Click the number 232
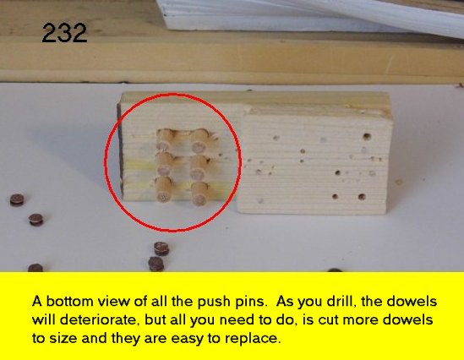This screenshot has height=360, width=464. (64, 33)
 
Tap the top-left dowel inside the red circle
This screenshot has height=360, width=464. (165, 139)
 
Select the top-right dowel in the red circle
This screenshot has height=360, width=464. (199, 141)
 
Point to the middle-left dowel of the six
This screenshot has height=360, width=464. (164, 164)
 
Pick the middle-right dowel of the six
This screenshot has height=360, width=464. (199, 167)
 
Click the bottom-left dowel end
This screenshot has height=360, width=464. (164, 189)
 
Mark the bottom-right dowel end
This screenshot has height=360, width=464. (199, 194)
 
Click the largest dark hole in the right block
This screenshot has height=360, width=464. (367, 137)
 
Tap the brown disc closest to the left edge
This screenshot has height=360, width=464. (17, 199)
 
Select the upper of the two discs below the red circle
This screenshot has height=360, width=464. (161, 248)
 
